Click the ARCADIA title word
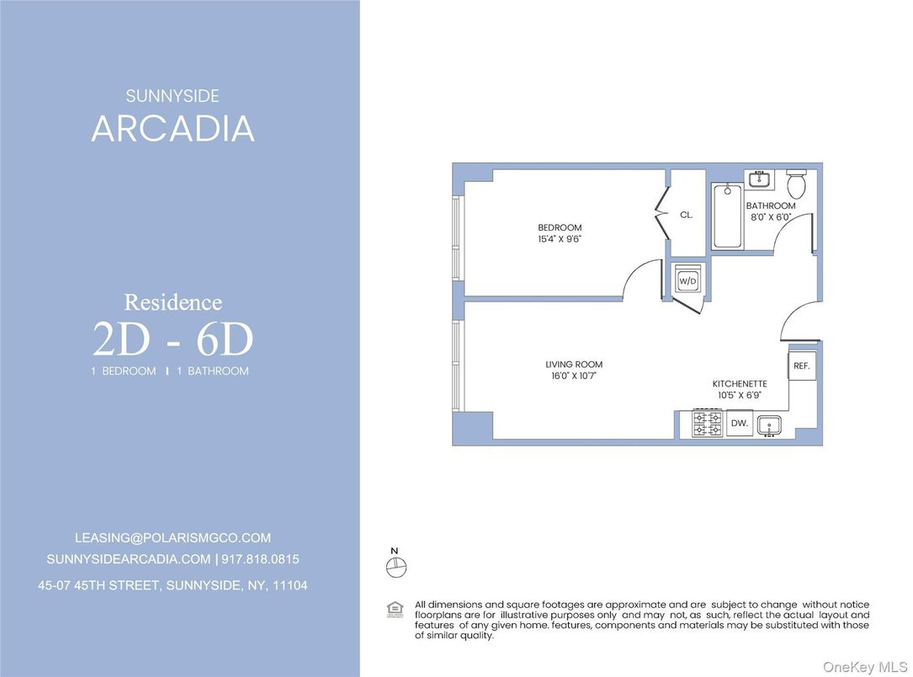[x=173, y=129]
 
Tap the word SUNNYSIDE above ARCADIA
[x=173, y=97]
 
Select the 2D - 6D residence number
[x=173, y=340]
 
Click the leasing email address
[x=173, y=537]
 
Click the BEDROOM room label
[x=560, y=227]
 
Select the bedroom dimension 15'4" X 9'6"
[x=560, y=239]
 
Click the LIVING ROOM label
[x=574, y=365]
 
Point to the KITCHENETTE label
[x=740, y=384]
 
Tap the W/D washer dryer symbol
[x=688, y=280]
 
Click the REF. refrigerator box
[x=801, y=366]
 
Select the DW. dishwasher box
[x=739, y=424]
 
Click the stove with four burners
[x=707, y=424]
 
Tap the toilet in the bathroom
[x=796, y=183]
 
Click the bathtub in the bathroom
[x=726, y=216]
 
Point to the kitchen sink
[x=770, y=425]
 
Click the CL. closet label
[x=687, y=215]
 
